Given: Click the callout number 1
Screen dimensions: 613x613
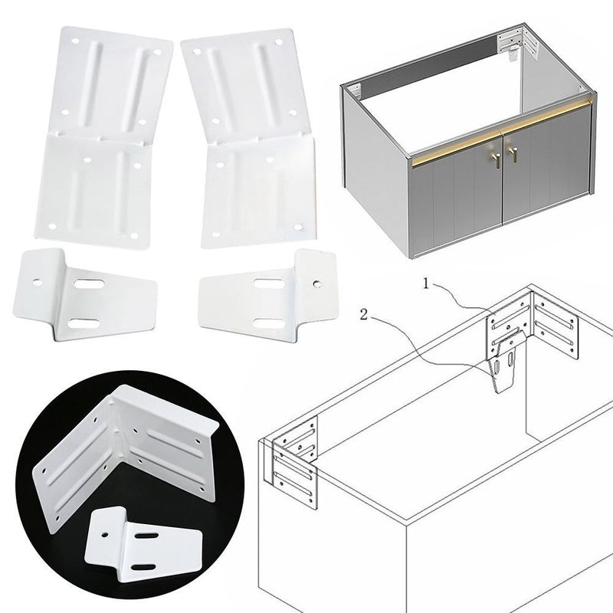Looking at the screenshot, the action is (x=426, y=284).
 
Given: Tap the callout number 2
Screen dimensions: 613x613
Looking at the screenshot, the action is (x=364, y=315).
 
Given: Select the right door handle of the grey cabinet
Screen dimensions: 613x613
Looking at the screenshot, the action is (x=513, y=154).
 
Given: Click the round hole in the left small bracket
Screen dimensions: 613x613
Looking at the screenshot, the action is (x=38, y=281).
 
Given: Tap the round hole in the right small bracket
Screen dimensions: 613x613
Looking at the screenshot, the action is (x=317, y=283).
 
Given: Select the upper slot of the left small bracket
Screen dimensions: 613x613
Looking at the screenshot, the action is (x=89, y=284).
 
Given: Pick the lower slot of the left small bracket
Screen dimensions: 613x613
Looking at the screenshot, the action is (x=84, y=323).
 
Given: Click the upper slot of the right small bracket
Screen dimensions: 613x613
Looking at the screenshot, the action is (x=269, y=283).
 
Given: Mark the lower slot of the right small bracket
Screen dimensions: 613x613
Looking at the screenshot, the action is (x=267, y=323).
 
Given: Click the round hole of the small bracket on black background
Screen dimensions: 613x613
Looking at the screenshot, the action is (x=105, y=533).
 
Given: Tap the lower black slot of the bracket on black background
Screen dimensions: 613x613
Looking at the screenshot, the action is (x=144, y=567).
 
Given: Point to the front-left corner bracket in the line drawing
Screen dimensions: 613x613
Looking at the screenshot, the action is (x=294, y=461).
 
